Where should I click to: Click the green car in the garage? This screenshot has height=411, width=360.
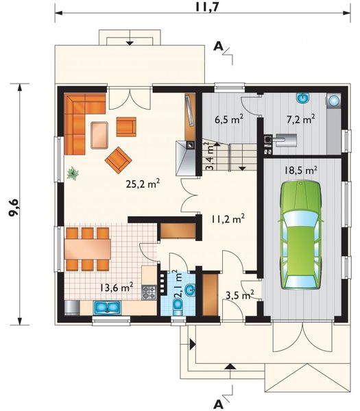tap(300, 234)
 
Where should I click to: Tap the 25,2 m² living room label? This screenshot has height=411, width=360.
tap(143, 184)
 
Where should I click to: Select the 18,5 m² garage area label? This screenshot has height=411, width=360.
tap(301, 171)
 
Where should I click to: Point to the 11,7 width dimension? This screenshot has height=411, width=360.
tap(207, 7)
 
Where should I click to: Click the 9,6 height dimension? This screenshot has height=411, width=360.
tap(14, 207)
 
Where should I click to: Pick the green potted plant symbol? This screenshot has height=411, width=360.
tap(73, 173)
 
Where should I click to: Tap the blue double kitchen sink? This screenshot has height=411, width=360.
tap(107, 307)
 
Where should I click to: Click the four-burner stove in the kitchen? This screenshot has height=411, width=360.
tap(149, 292)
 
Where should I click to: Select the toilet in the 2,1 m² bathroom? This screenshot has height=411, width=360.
tap(178, 307)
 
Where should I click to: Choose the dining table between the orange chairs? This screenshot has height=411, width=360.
tap(88, 249)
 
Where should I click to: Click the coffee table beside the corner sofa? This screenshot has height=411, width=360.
tap(99, 135)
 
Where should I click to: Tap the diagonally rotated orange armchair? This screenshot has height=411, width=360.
tap(118, 160)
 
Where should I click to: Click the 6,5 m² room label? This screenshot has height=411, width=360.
tap(229, 120)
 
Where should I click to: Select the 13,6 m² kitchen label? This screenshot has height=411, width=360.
tap(117, 287)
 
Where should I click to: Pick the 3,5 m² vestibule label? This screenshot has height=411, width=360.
tap(240, 295)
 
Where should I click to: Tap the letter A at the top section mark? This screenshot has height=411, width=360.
tap(218, 47)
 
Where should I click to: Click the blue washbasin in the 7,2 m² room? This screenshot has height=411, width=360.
tap(303, 98)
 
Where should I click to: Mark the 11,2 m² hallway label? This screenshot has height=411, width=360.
tap(228, 219)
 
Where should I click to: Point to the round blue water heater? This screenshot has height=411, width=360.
tap(335, 101)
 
